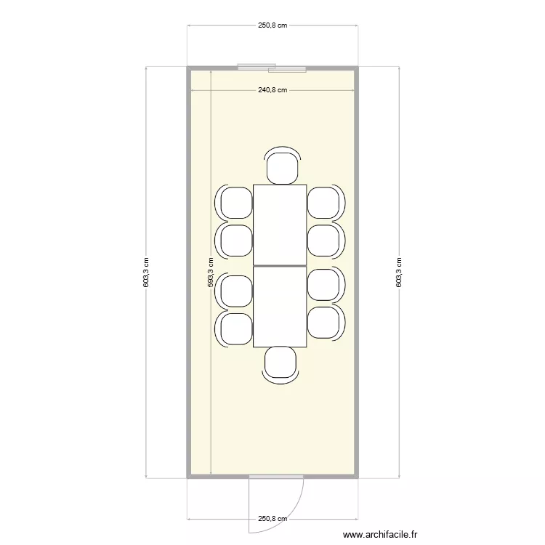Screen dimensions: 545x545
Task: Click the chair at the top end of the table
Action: click(282, 166)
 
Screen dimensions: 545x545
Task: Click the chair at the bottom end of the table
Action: click(280, 364)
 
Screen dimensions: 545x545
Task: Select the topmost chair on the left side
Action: click(235, 202)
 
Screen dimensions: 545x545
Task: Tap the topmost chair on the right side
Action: click(324, 202)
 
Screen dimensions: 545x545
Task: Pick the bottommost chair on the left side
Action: click(235, 328)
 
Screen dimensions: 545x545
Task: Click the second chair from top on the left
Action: click(235, 240)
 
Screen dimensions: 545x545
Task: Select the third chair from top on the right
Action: click(324, 285)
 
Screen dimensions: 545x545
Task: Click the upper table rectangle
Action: click(280, 225)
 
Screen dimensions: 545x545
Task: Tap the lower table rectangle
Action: click(280, 307)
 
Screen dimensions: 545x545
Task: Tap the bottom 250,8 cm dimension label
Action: click(272, 519)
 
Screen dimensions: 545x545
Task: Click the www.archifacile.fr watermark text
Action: click(380, 535)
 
